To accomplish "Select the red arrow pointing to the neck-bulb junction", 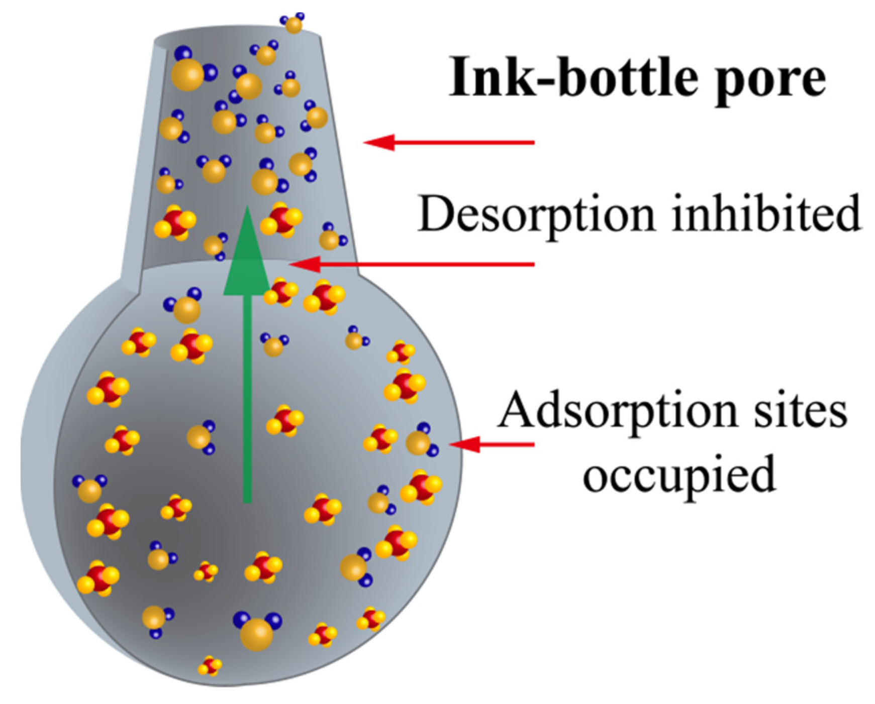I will [x=412, y=264].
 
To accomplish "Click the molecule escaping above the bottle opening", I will [x=293, y=23].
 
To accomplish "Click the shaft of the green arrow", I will [x=247, y=402].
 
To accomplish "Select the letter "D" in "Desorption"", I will [x=435, y=214].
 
